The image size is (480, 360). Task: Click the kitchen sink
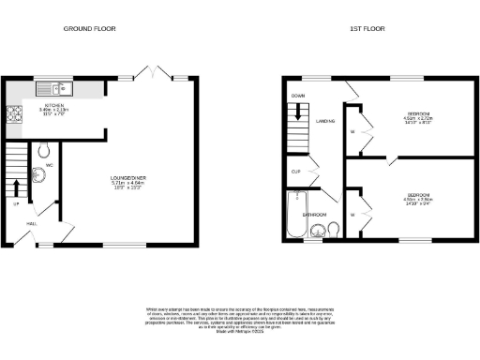(x=48, y=90)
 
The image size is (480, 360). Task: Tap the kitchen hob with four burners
(x=14, y=115)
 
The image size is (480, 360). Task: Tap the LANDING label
(x=325, y=121)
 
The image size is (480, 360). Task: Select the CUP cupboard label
(x=295, y=172)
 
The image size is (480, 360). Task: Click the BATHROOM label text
(x=313, y=214)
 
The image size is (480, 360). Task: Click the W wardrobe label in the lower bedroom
(x=351, y=215)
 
